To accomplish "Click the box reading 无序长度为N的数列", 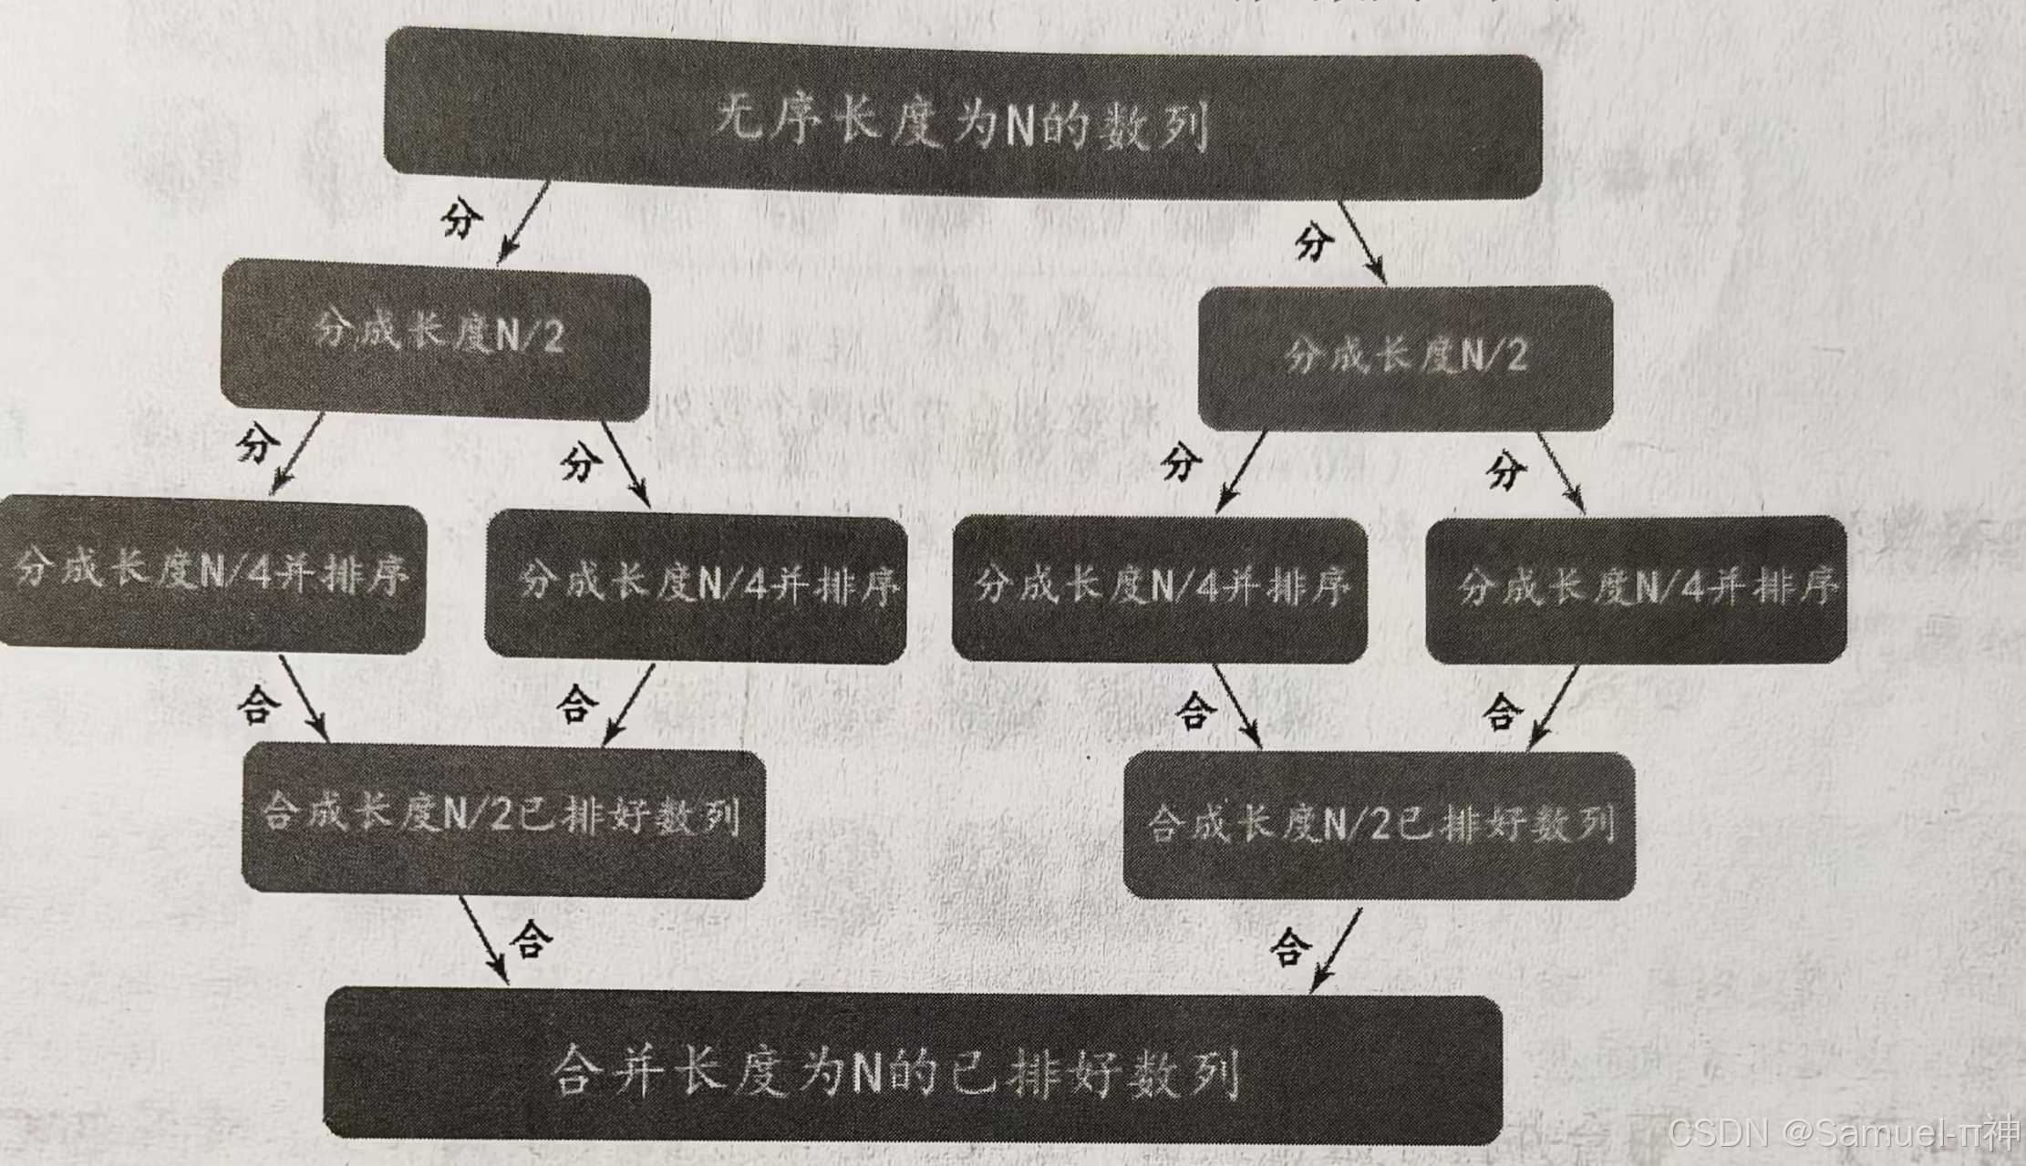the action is (x=962, y=119).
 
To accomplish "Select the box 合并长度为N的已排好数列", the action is (x=912, y=1067).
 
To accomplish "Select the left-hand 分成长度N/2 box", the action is (x=436, y=337).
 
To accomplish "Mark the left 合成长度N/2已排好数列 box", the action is (x=501, y=818).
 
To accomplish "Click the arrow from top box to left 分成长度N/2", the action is (x=523, y=223).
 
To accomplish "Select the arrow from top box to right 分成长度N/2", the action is (x=1362, y=242).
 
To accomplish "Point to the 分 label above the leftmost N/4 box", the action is (x=257, y=444).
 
